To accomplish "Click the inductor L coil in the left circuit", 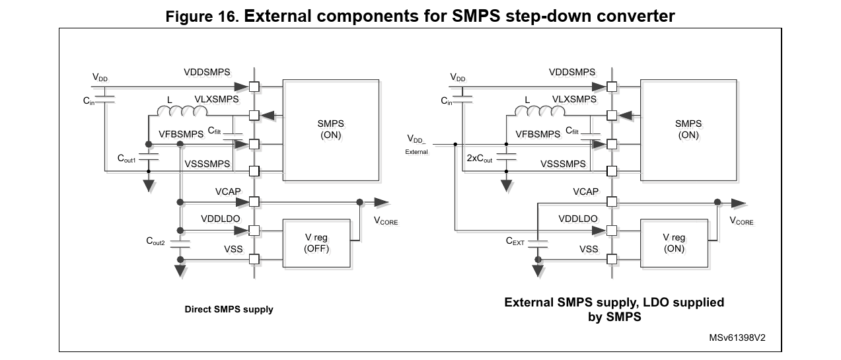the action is (182, 111).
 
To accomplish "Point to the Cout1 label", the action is (127, 159).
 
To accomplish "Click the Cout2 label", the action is (155, 241).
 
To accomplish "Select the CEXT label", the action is (515, 241).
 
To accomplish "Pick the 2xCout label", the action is (480, 159).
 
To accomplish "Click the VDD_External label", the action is (416, 145).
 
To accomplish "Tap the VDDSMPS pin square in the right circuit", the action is (612, 87).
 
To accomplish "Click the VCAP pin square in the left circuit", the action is (254, 202).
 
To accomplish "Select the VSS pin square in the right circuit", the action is (612, 259).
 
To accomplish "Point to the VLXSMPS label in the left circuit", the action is (217, 99).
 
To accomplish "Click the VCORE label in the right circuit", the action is (741, 221).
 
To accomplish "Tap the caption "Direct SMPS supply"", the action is (229, 309).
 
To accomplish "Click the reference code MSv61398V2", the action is (737, 338).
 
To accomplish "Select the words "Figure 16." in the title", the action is (202, 17).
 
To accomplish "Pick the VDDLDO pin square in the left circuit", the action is (254, 231).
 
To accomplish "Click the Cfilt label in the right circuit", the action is (572, 131).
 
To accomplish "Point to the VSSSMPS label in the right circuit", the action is (563, 164).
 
